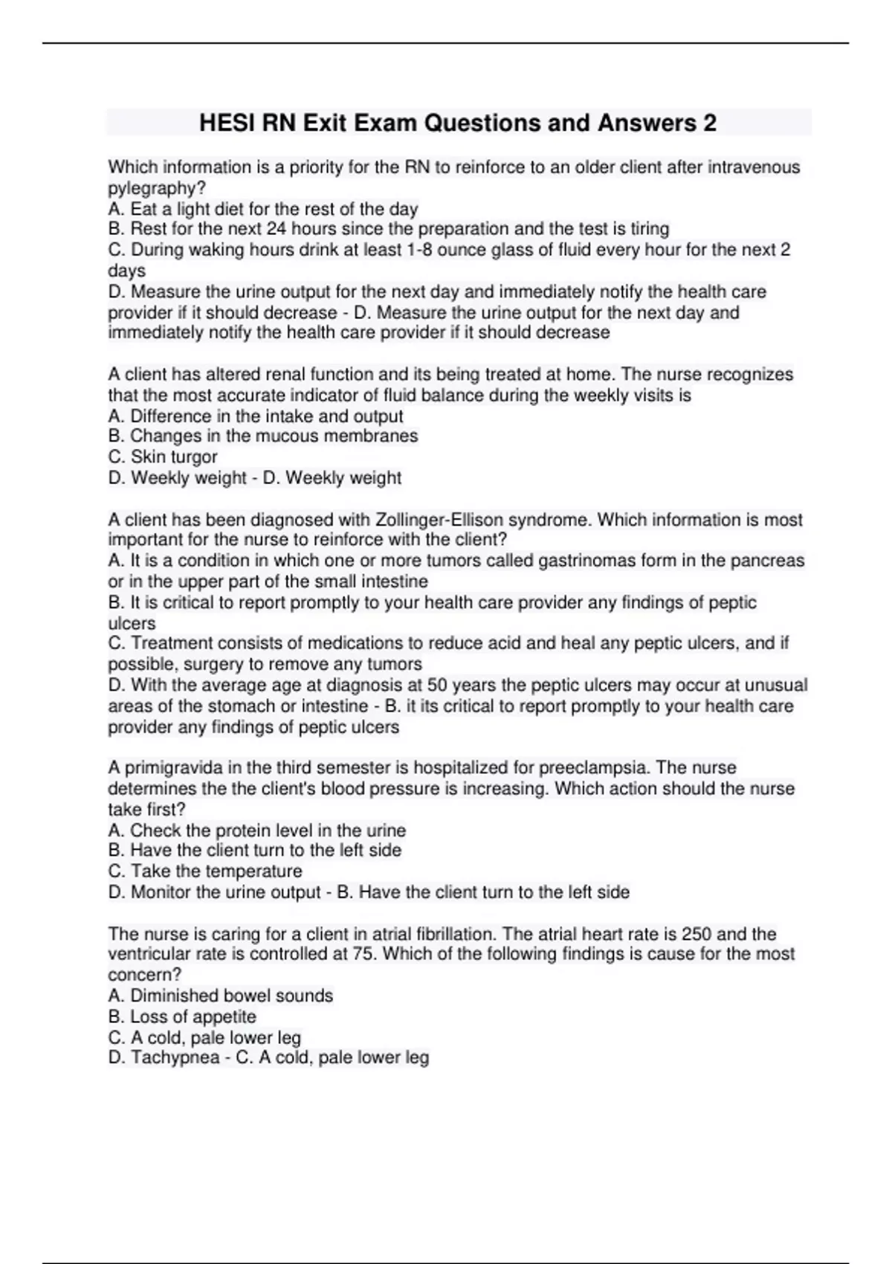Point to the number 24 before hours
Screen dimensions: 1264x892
point(276,229)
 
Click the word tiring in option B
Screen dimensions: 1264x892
point(650,229)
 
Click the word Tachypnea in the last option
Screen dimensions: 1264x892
point(175,1057)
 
